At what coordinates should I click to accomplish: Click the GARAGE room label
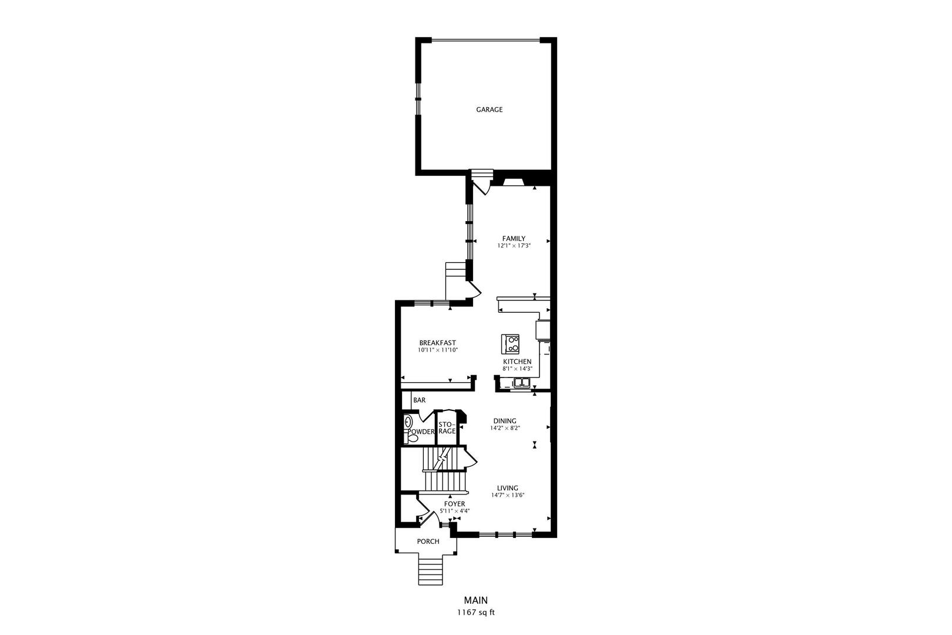click(489, 109)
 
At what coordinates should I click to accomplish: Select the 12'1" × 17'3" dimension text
click(514, 246)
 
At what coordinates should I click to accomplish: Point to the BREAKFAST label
click(437, 343)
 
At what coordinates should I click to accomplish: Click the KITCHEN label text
click(517, 362)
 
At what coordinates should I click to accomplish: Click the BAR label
click(419, 400)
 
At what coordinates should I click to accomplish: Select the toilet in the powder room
click(414, 437)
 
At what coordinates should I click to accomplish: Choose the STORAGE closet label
click(447, 427)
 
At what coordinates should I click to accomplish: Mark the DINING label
click(505, 421)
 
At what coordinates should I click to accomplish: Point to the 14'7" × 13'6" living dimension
click(508, 495)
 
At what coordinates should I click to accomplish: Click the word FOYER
click(454, 504)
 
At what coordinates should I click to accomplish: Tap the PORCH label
click(428, 542)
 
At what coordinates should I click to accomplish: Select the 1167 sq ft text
click(476, 612)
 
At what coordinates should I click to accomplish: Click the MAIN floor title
click(476, 600)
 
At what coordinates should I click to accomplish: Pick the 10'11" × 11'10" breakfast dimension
click(437, 350)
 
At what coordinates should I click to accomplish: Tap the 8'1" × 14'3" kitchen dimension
click(517, 369)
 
